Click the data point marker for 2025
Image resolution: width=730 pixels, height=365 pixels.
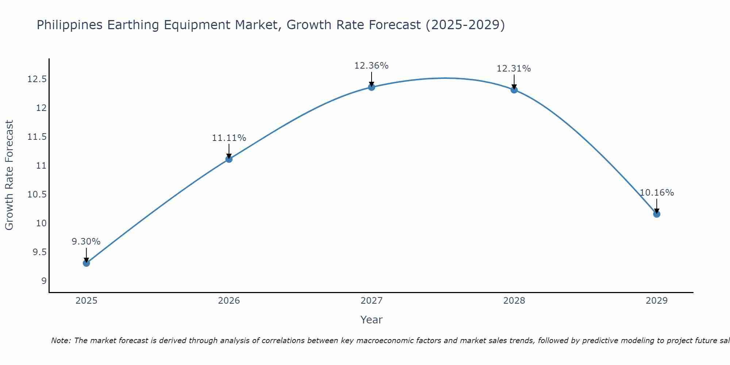[86, 263]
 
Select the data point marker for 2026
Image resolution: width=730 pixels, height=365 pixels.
[229, 159]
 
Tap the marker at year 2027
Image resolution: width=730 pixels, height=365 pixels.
[372, 87]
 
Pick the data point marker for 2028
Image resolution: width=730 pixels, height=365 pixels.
[514, 90]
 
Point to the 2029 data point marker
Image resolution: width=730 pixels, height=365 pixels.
[657, 214]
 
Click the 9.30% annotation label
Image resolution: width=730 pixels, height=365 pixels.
[86, 242]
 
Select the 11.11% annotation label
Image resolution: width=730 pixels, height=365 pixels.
[229, 138]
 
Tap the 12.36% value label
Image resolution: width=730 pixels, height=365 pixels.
[371, 66]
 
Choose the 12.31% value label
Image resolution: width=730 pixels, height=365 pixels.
[514, 69]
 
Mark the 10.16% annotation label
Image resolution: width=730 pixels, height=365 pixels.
[657, 193]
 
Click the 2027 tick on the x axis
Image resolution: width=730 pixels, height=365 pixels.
[372, 301]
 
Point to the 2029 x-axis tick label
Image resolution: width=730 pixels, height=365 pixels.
[657, 301]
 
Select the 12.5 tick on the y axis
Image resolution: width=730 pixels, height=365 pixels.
[37, 79]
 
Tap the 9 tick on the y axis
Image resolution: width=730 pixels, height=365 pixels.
[44, 281]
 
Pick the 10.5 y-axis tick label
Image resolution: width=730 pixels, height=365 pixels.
[37, 195]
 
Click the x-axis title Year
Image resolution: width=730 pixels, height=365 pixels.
[371, 320]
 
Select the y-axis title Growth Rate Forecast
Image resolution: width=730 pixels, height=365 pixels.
[9, 175]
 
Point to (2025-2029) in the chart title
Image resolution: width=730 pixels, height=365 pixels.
[465, 25]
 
